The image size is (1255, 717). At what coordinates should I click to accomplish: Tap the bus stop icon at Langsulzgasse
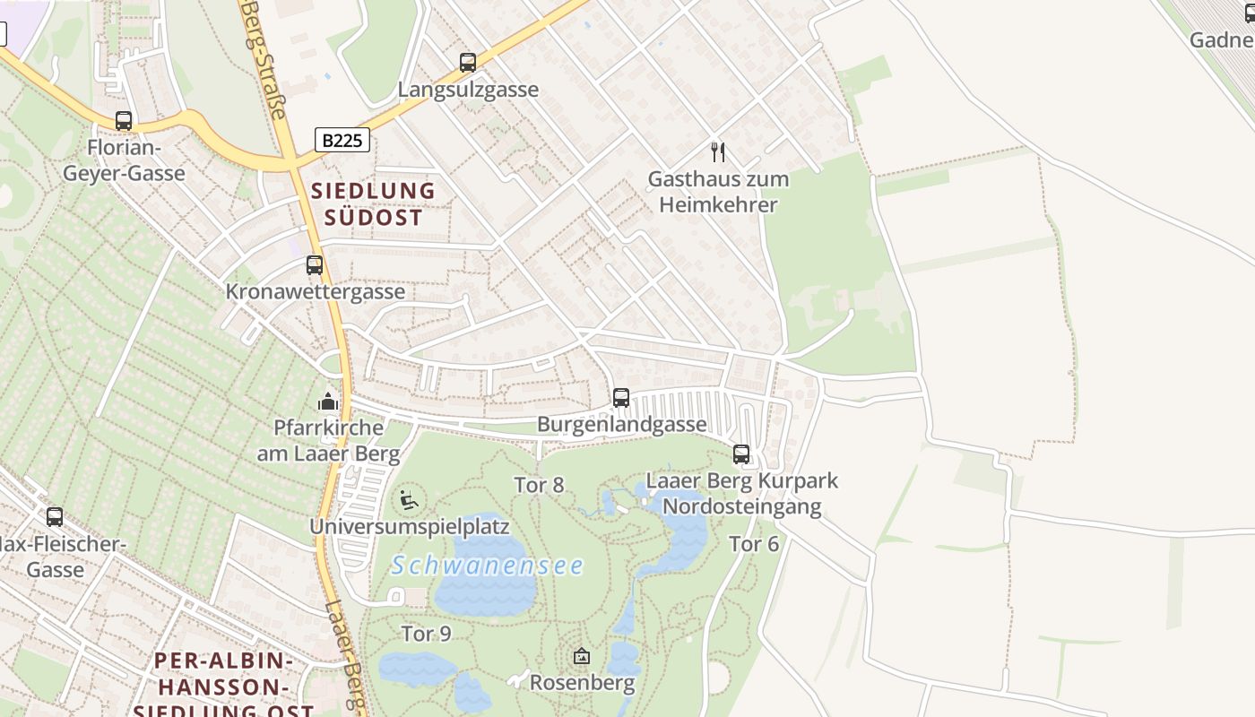point(468,63)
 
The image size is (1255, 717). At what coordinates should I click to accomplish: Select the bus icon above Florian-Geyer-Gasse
point(124,121)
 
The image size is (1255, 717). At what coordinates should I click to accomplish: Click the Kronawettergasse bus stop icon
point(315,265)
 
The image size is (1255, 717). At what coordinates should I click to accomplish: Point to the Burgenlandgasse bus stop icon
point(621,398)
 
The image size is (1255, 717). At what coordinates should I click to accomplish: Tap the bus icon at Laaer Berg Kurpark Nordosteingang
point(741,454)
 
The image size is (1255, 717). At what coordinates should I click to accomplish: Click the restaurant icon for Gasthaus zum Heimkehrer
point(718,151)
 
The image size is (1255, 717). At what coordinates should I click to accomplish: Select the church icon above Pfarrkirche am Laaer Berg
point(329,402)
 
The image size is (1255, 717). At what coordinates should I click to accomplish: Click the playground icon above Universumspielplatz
point(410,500)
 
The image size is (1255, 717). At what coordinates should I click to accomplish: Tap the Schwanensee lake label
point(488,566)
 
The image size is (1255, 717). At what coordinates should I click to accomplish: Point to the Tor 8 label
point(539,485)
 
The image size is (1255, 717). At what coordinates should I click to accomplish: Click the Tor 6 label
point(754,544)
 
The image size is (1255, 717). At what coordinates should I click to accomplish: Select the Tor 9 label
point(426,634)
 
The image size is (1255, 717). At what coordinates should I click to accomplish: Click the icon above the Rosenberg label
point(582,657)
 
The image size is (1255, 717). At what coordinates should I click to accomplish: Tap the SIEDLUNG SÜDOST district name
point(372,203)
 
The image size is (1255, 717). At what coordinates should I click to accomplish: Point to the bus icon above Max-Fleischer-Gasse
point(55,517)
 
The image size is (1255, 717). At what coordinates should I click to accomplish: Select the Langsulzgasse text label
point(468,90)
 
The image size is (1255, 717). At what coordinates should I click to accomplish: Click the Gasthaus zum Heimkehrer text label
point(718,192)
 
